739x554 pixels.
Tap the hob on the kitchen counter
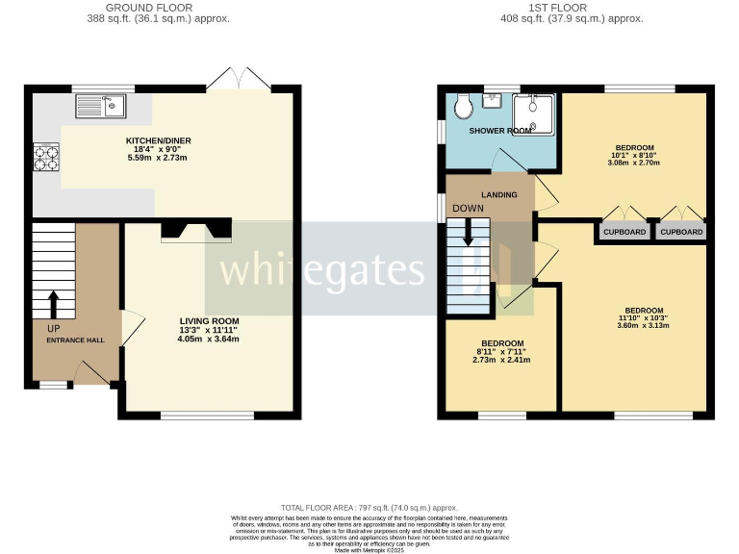[x=45, y=157]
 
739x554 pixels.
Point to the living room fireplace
[x=196, y=229]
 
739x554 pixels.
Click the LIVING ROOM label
[x=209, y=321]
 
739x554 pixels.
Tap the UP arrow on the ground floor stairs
[x=54, y=303]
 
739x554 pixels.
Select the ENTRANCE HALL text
[x=76, y=340]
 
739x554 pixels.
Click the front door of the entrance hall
[x=91, y=372]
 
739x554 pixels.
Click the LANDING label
[x=499, y=195]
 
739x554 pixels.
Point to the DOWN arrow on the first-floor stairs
[x=469, y=232]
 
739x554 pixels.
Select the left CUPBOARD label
[x=624, y=232]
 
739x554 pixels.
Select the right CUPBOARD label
[x=681, y=232]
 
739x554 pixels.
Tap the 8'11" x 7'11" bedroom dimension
[x=502, y=352]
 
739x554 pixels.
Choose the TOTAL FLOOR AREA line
[x=369, y=507]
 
